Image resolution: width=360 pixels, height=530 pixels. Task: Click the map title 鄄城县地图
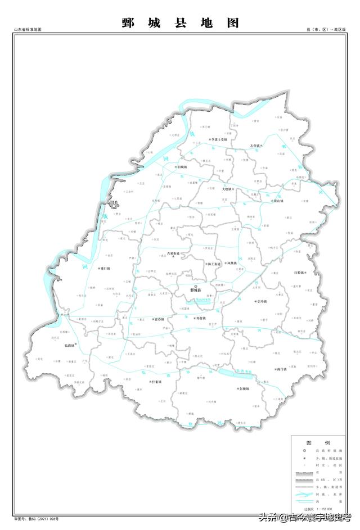click(180, 23)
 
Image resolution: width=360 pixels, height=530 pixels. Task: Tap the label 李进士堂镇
click(219, 139)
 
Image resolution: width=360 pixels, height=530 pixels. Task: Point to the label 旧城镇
click(183, 167)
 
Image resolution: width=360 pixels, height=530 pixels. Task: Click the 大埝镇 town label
click(226, 189)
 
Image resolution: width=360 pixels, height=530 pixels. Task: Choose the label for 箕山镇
click(278, 201)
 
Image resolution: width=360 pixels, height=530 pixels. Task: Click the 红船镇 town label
click(298, 273)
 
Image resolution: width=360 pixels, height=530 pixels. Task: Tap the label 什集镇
click(156, 382)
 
